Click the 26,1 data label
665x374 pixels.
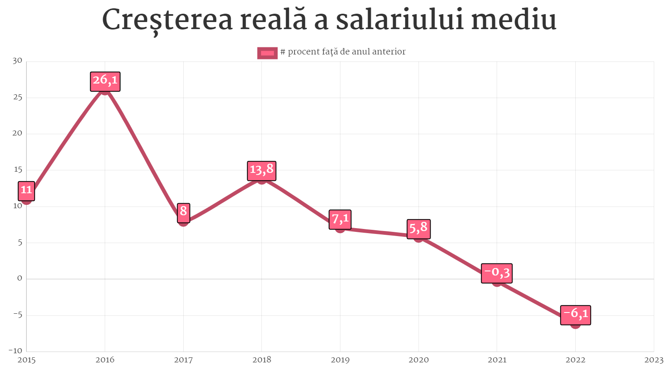coord(105,81)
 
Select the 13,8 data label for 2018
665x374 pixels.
coord(261,171)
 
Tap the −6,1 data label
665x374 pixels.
coord(575,315)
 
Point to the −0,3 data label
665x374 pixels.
coord(497,273)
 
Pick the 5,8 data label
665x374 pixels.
coord(419,229)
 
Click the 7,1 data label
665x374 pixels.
coord(340,219)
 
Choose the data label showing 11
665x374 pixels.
coord(26,191)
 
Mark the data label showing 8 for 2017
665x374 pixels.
coord(183,213)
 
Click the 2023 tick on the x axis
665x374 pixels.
coord(653,360)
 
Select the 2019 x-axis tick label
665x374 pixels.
coord(340,360)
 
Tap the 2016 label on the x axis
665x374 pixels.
coord(105,360)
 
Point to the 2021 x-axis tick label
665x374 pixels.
coord(497,360)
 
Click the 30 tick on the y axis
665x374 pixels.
coord(17,61)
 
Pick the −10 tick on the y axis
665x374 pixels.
coord(15,351)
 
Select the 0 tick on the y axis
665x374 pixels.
coord(20,278)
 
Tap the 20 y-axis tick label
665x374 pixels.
coord(17,133)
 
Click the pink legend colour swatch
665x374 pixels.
coord(267,53)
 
